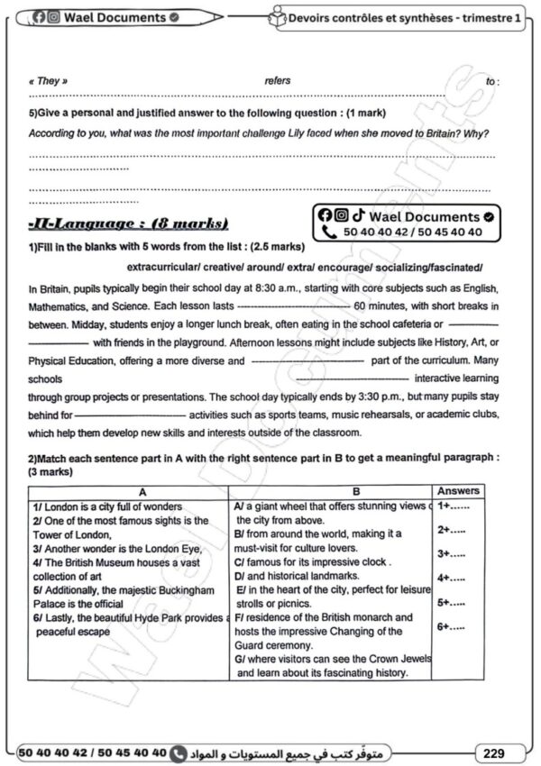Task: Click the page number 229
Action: pyautogui.click(x=494, y=752)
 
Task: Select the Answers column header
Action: pyautogui.click(x=458, y=491)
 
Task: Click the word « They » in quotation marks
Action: pyautogui.click(x=48, y=81)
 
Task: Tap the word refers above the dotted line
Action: pyautogui.click(x=278, y=81)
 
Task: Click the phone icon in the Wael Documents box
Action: pyautogui.click(x=328, y=233)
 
